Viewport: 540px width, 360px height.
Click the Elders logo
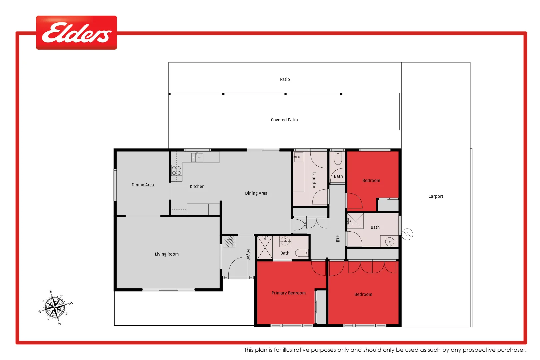76,33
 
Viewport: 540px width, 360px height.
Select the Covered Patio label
284,120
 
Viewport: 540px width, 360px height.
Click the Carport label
435,196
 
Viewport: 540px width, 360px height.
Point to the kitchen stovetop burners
177,170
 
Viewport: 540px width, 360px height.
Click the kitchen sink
197,157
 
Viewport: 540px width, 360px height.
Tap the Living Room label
167,254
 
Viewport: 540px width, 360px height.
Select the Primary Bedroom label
288,293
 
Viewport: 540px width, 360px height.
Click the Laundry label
314,180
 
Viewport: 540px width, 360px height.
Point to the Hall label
337,238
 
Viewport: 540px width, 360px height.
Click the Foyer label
248,254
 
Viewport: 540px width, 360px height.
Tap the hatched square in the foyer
229,241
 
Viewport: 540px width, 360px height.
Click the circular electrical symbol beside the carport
407,234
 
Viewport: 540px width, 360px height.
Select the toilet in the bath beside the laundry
338,158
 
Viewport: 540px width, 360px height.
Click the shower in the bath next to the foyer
265,248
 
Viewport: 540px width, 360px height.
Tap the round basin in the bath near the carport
389,241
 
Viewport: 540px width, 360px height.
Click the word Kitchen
197,186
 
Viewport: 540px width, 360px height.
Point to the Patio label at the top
285,79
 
